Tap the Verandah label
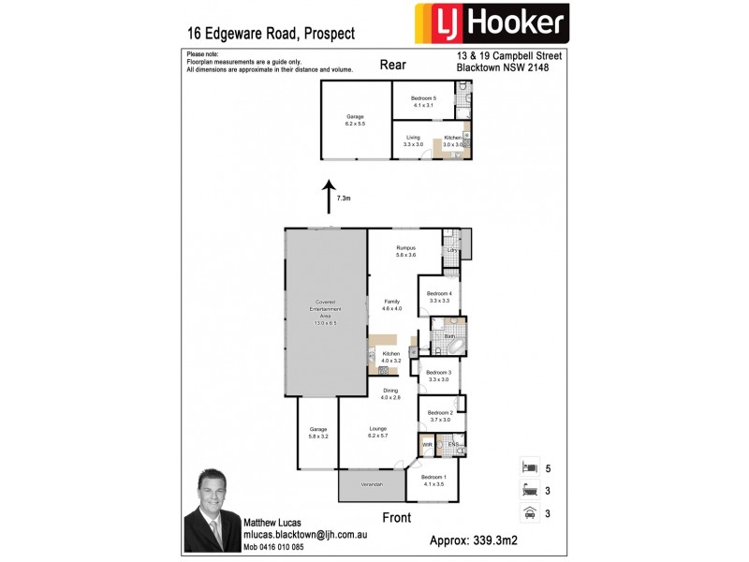(x=373, y=484)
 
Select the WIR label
(x=427, y=444)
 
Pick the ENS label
(x=453, y=443)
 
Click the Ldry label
(x=451, y=250)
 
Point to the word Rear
(x=392, y=65)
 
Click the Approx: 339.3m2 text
(x=487, y=540)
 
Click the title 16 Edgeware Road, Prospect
(x=271, y=33)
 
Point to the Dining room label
(x=390, y=393)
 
